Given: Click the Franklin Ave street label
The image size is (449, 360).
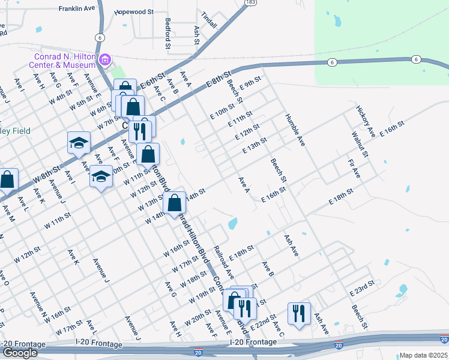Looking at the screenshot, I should tap(77, 9).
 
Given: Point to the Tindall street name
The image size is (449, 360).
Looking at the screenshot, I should tap(209, 16).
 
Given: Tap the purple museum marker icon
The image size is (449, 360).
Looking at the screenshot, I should tap(106, 59).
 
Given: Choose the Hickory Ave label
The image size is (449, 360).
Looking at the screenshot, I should tap(364, 120).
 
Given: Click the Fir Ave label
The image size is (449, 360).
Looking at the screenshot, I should tap(354, 169).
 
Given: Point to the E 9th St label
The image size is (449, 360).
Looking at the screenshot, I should tap(250, 83).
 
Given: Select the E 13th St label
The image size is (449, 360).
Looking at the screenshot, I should tap(254, 146).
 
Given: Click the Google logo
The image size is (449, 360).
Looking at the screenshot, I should tap(20, 353).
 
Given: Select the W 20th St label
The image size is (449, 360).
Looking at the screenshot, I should tap(198, 317).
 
